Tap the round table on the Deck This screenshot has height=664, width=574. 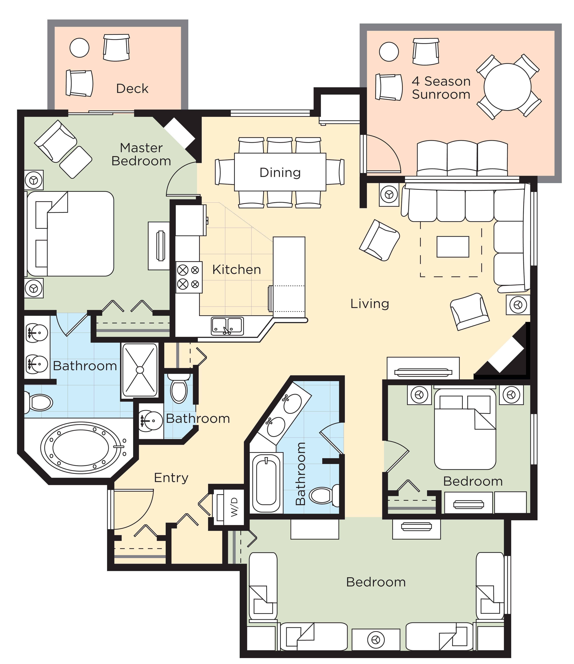click(79, 48)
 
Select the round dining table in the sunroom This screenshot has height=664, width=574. click(507, 87)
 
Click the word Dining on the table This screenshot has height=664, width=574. click(280, 173)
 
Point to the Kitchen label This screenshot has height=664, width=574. click(236, 270)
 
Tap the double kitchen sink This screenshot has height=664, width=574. click(227, 326)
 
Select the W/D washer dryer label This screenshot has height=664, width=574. click(234, 507)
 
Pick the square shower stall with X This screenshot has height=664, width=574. click(140, 370)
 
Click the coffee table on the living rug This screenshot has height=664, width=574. click(452, 247)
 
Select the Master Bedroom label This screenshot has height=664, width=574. click(141, 155)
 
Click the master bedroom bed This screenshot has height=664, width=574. click(71, 234)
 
